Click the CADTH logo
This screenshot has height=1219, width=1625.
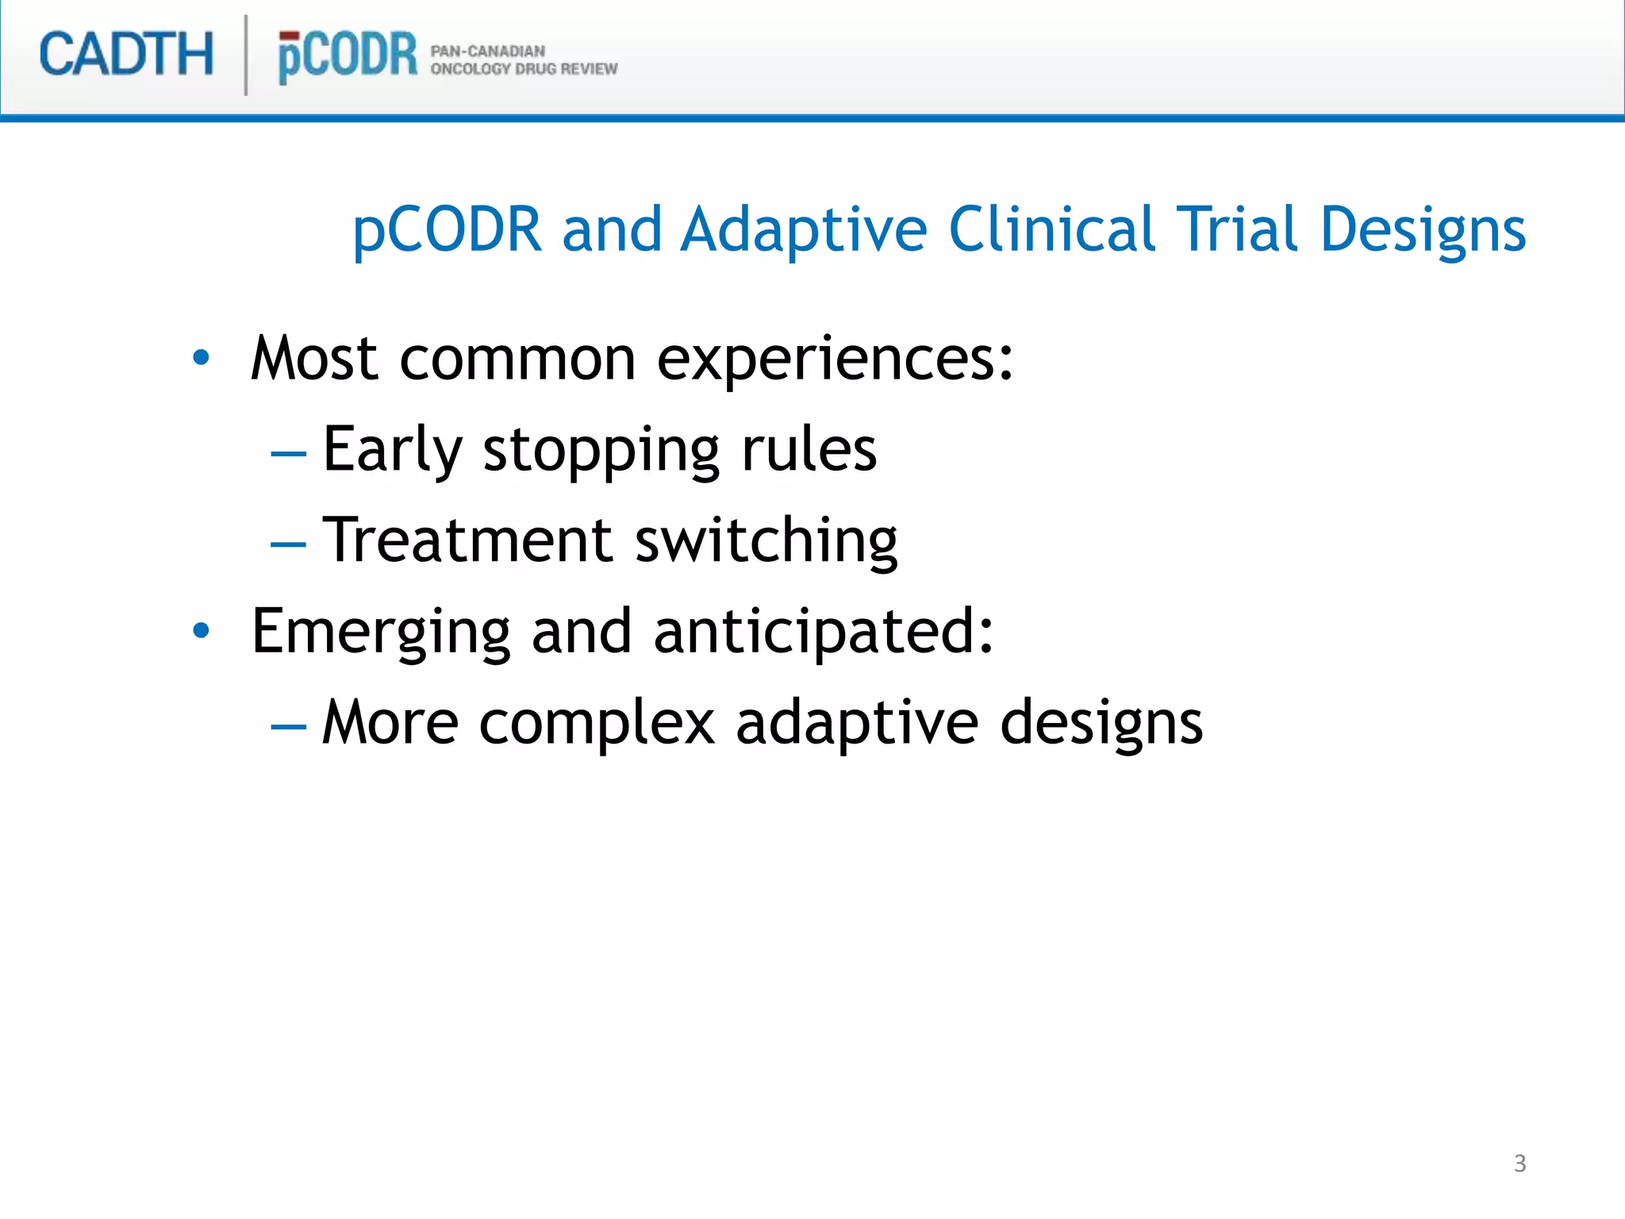[x=126, y=55]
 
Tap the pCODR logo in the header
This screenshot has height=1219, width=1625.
[x=347, y=56]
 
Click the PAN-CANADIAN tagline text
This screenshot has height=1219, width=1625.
[x=488, y=51]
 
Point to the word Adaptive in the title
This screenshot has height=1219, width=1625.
[x=804, y=230]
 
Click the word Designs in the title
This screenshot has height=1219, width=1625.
[x=1423, y=230]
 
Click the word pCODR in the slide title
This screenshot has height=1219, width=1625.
[x=447, y=230]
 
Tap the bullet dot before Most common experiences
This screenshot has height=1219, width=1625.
[x=202, y=358]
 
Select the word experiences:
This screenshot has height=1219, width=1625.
[x=835, y=360]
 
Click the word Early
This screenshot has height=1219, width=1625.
[x=392, y=450]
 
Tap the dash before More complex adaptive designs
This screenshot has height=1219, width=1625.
[x=288, y=726]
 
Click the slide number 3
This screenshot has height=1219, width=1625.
[x=1519, y=1163]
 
